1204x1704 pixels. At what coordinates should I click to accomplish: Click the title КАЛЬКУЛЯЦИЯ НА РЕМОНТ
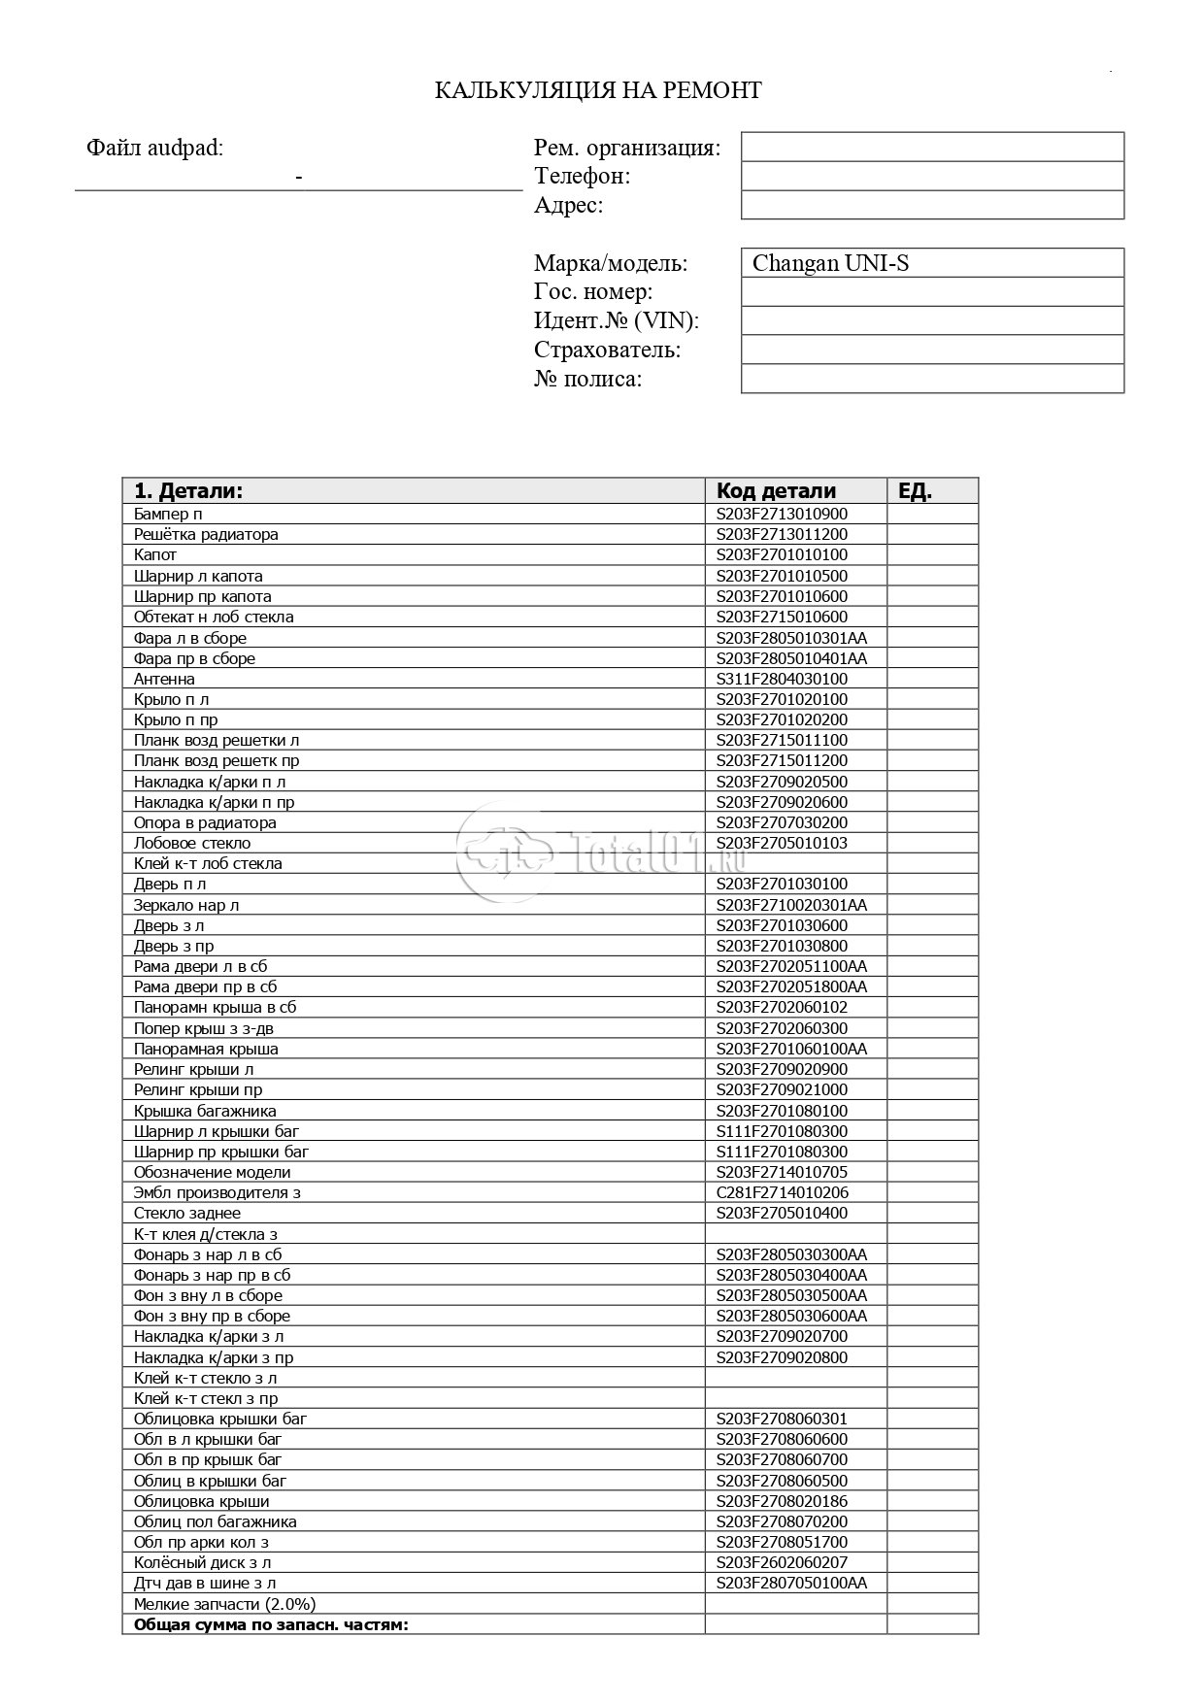tap(597, 90)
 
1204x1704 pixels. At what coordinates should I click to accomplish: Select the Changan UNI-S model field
tap(931, 263)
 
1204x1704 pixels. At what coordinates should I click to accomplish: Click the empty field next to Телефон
tap(931, 176)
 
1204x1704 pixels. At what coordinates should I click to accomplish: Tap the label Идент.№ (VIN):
tap(616, 320)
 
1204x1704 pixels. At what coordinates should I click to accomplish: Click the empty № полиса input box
tap(931, 379)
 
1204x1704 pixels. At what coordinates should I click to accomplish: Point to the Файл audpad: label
tap(154, 148)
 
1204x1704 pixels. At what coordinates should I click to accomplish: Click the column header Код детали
tap(776, 490)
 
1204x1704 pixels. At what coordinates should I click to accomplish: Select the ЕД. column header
tap(915, 490)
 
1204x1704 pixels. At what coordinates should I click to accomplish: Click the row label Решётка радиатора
tap(206, 534)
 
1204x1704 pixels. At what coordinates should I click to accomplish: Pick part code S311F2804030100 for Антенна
tap(782, 679)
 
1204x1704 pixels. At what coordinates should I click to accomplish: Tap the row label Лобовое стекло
tap(192, 843)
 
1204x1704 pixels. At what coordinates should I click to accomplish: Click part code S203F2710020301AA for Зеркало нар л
tap(791, 905)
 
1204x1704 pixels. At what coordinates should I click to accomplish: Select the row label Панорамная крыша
tap(206, 1049)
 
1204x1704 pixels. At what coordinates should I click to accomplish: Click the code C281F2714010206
tap(782, 1192)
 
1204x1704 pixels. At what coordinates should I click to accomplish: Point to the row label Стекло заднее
tap(187, 1213)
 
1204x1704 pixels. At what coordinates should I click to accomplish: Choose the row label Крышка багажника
tap(205, 1111)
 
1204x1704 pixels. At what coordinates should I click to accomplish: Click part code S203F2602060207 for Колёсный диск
tap(782, 1562)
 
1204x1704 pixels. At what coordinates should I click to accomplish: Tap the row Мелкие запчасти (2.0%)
tap(224, 1604)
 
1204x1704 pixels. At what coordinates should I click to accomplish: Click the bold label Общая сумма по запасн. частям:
tap(271, 1624)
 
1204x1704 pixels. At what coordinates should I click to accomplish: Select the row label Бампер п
tap(168, 514)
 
